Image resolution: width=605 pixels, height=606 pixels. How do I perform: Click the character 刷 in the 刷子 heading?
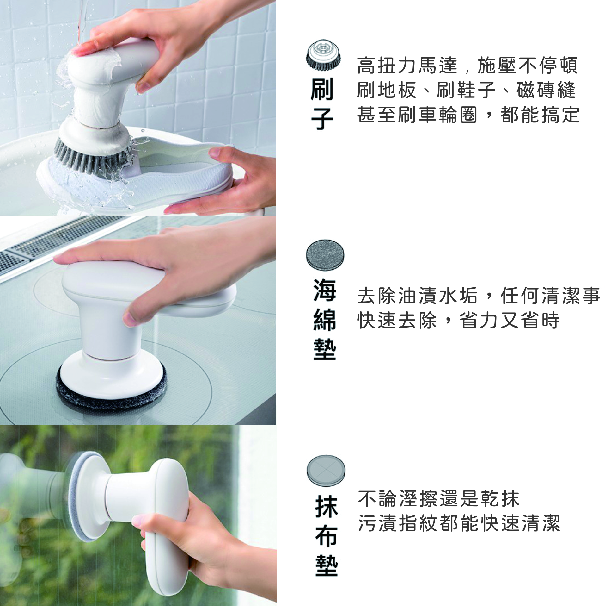coord(322,90)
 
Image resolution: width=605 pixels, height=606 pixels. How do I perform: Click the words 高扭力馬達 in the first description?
coord(407,66)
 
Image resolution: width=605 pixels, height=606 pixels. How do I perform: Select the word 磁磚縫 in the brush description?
coord(546,90)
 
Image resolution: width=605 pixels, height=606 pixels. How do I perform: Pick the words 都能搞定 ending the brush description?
coord(540,115)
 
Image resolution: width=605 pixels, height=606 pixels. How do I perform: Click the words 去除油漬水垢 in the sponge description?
coord(417,296)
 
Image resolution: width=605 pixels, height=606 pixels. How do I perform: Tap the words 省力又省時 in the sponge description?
coord(509,320)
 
